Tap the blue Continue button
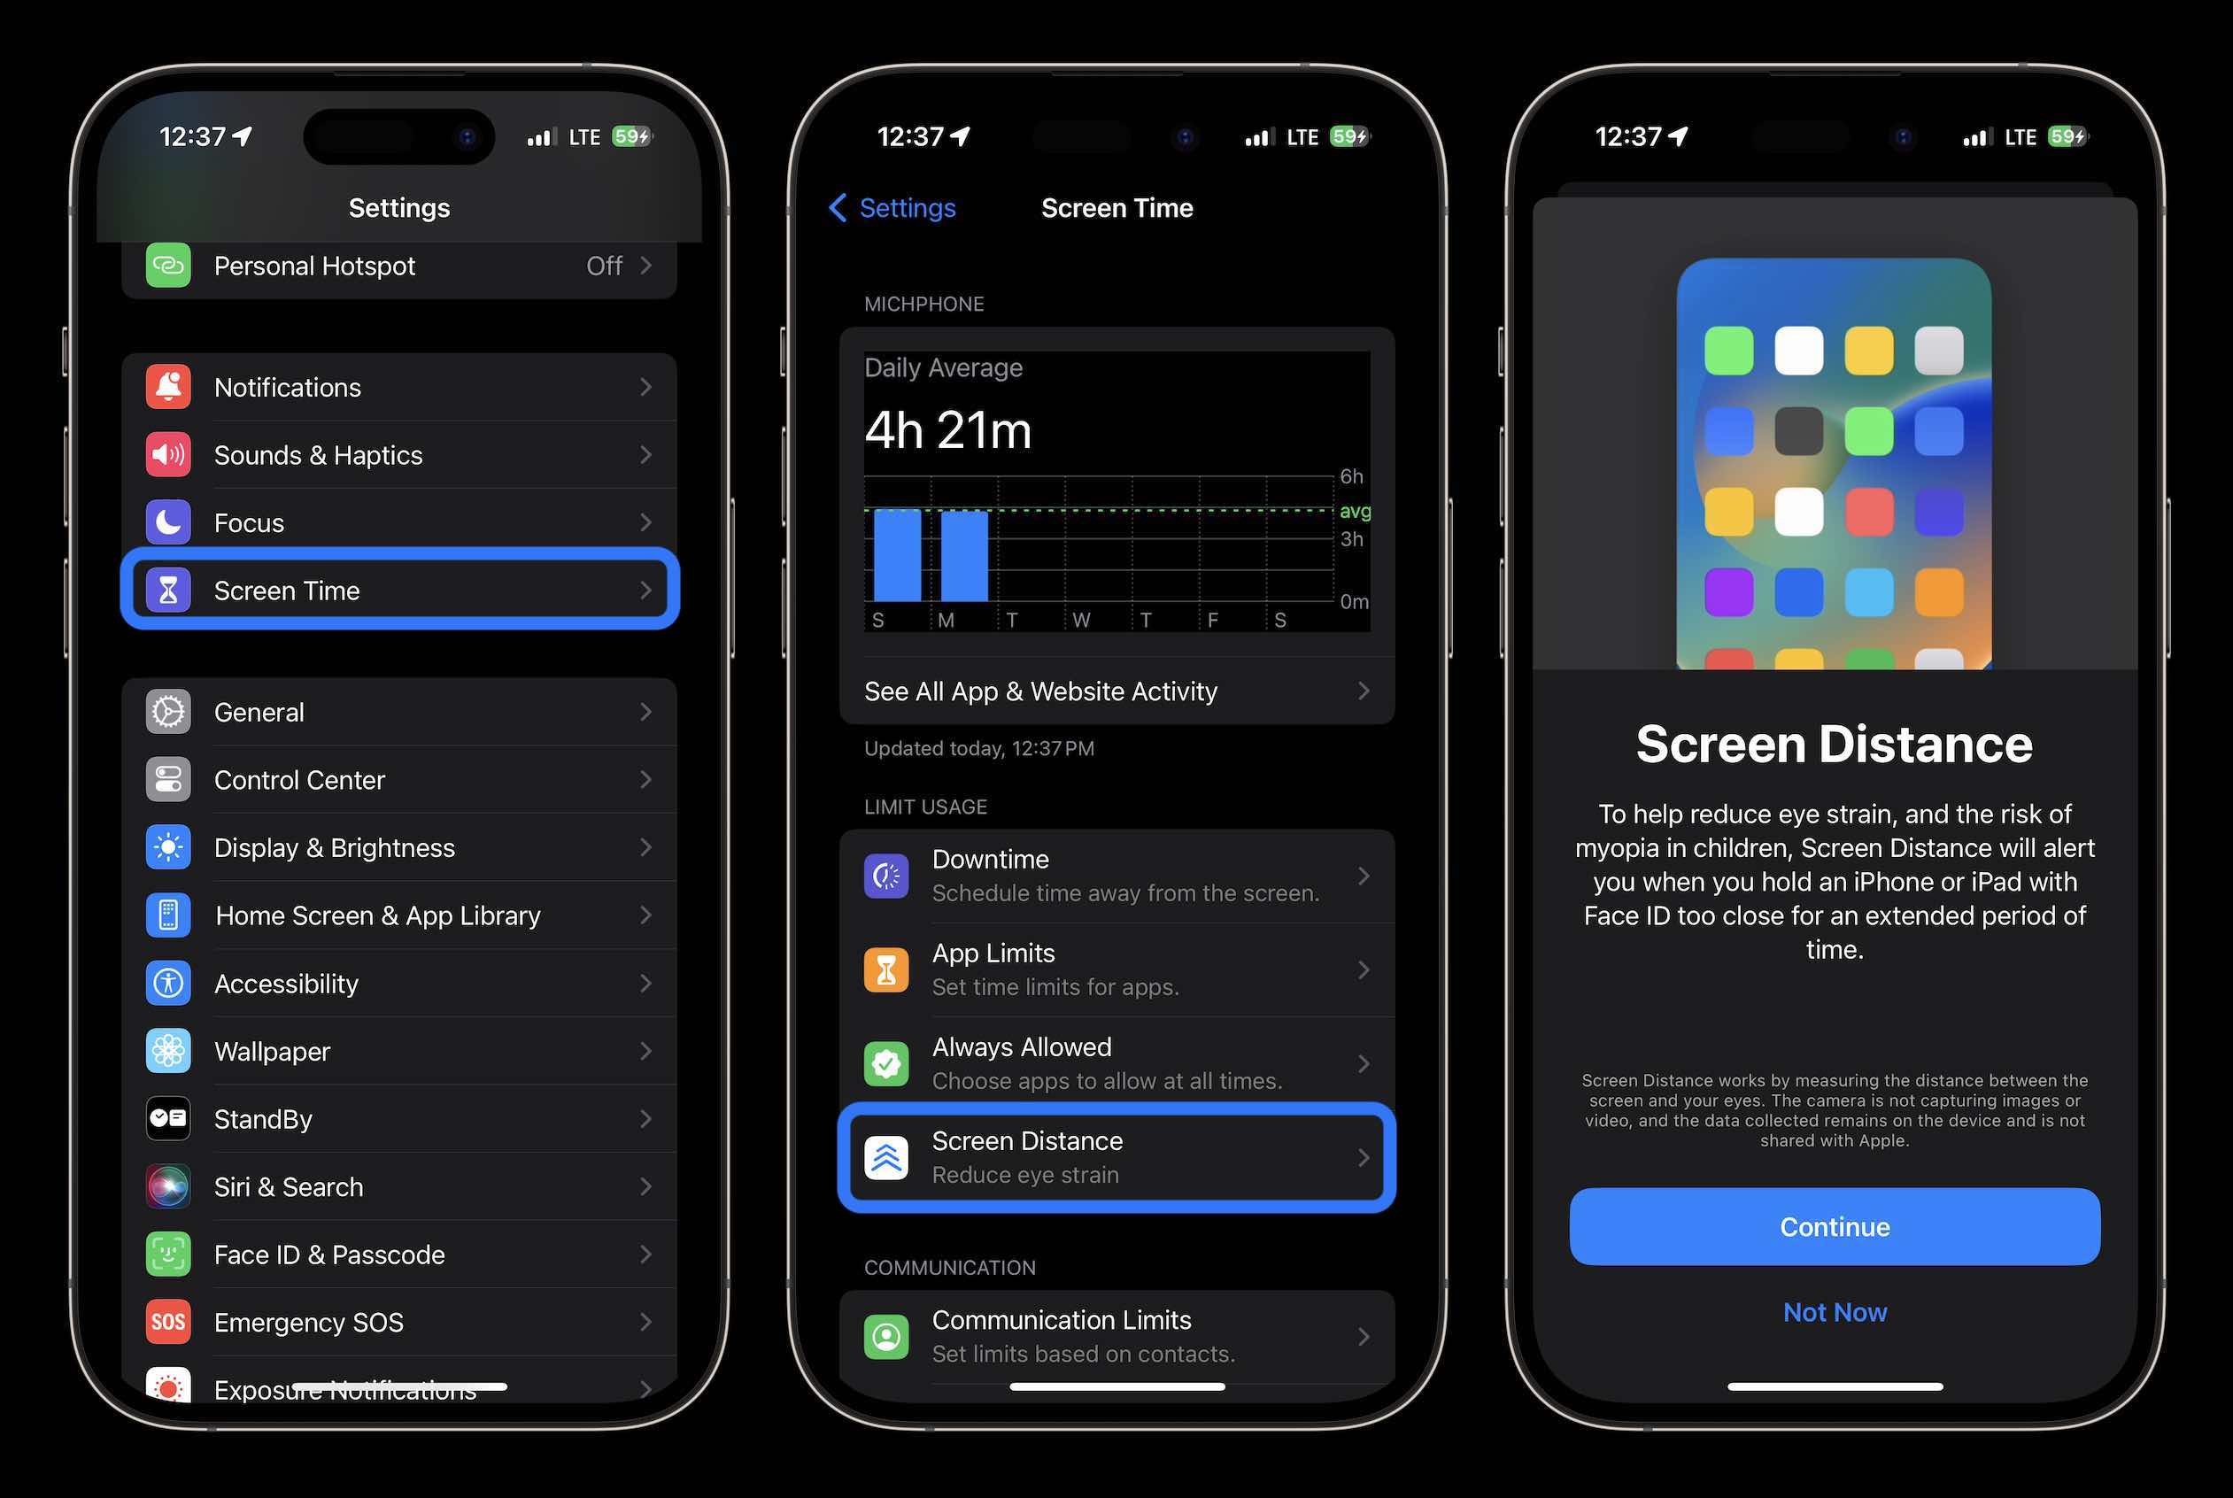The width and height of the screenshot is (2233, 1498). tap(1834, 1227)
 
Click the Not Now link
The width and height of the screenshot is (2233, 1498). tap(1834, 1313)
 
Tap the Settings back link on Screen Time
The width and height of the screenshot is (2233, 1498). tap(892, 208)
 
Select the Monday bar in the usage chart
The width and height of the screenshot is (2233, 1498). tap(964, 556)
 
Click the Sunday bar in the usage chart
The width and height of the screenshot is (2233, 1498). tap(897, 556)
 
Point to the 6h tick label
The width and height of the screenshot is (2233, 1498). tap(1350, 475)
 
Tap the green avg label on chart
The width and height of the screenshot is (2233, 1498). tap(1354, 511)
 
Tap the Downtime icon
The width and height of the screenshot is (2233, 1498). tap(885, 876)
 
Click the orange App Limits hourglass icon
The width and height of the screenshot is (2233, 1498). tap(885, 969)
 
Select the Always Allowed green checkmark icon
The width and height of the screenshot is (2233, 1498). tap(885, 1063)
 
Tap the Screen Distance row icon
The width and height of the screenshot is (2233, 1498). tap(885, 1158)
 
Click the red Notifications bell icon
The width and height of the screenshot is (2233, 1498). tap(168, 387)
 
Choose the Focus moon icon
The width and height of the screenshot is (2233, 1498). tap(168, 522)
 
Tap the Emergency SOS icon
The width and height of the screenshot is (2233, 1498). tap(168, 1322)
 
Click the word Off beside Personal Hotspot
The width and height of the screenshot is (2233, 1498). tap(604, 266)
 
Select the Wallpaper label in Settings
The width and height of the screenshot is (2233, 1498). tap(273, 1051)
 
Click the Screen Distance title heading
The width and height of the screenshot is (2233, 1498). tap(1834, 745)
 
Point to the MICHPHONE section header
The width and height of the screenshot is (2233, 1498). tap(923, 304)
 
